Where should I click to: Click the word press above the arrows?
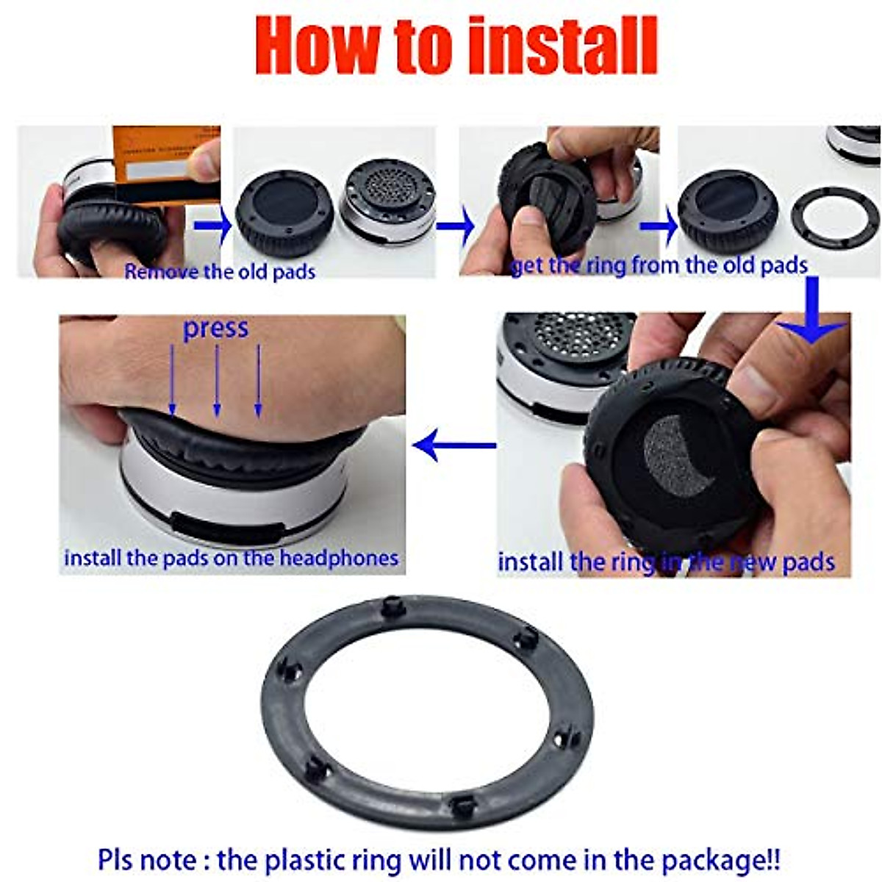215,329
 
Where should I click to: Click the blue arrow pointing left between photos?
454,445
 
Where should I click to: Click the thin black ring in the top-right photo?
835,218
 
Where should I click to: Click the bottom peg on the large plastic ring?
462,806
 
